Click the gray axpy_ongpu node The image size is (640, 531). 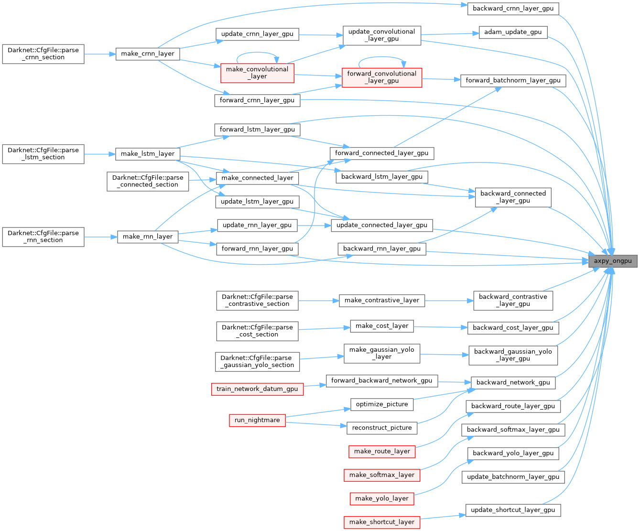coord(613,261)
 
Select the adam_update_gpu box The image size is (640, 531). coord(513,32)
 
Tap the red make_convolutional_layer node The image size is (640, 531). coord(257,73)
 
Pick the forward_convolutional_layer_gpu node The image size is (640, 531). coord(382,77)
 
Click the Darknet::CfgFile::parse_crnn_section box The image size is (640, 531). coord(43,54)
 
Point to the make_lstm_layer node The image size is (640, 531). coord(148,153)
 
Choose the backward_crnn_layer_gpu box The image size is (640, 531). coord(513,9)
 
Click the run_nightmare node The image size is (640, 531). coord(257,420)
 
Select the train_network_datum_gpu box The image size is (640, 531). coord(257,389)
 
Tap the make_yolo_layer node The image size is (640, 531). coord(381,498)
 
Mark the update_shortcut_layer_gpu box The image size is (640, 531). coord(513,510)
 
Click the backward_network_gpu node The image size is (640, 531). coord(513,382)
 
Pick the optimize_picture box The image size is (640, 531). coord(382,404)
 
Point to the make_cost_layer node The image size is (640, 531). coord(381,326)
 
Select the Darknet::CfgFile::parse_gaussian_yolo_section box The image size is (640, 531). coord(257,361)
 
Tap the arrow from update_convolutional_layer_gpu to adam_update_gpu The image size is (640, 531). coord(450,34)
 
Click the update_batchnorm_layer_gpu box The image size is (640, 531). coord(513,477)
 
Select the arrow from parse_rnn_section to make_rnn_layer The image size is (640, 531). coord(101,237)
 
